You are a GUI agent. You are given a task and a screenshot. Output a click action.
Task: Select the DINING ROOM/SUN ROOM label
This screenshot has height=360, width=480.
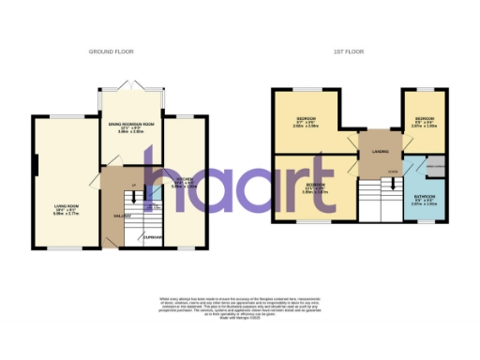(x=130, y=129)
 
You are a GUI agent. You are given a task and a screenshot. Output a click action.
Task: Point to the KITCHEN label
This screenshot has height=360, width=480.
(x=185, y=184)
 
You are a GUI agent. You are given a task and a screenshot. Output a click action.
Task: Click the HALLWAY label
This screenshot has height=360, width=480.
(x=122, y=217)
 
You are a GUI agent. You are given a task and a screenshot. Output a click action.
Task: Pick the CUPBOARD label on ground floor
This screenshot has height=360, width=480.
(x=152, y=237)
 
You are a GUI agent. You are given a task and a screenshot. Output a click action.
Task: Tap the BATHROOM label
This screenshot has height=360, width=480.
(x=422, y=198)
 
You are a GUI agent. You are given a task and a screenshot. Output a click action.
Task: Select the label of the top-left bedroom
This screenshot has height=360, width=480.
(x=307, y=121)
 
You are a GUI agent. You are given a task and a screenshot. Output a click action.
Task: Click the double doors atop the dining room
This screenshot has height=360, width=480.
(x=131, y=86)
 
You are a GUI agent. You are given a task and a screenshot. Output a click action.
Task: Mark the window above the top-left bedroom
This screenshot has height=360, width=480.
(x=307, y=89)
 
